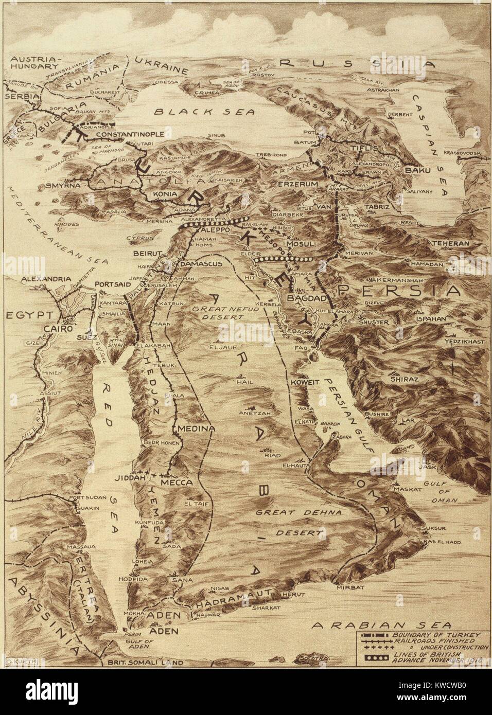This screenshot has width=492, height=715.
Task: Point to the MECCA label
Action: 178,483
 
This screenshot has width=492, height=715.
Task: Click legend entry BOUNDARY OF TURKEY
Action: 434,636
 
